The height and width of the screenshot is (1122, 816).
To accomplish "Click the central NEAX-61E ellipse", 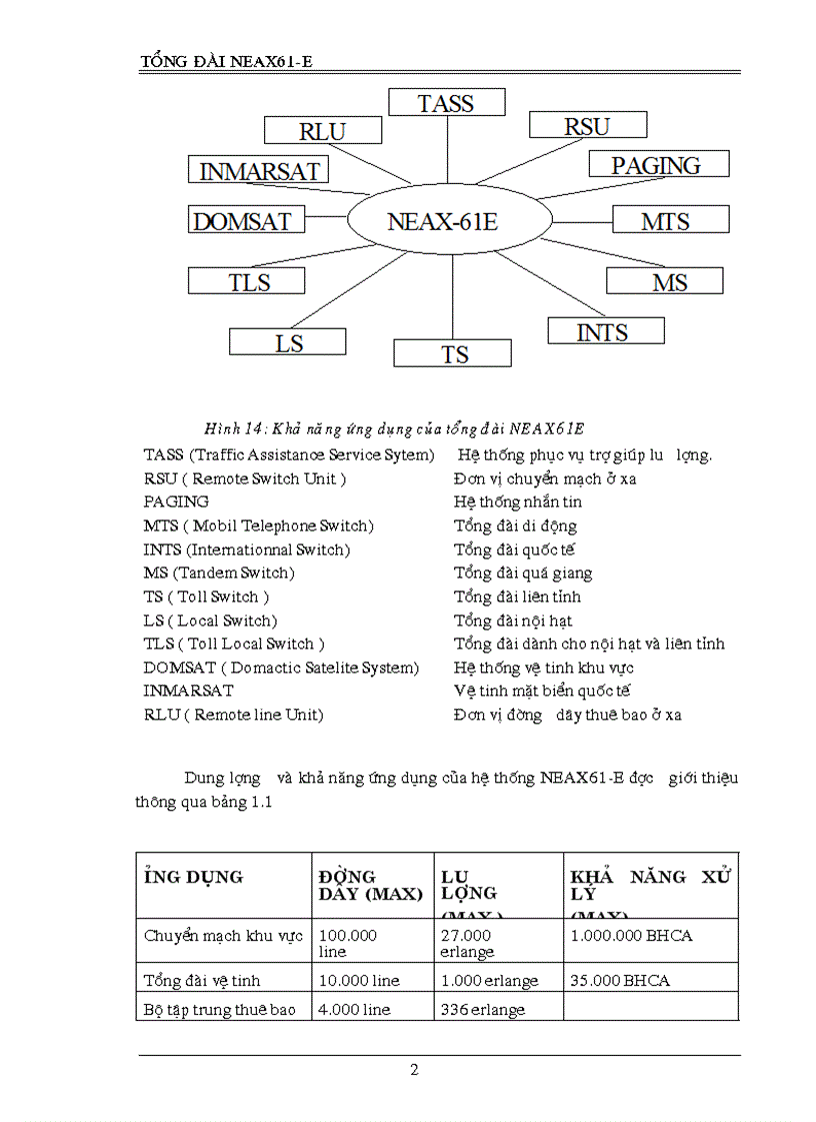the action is point(443,221).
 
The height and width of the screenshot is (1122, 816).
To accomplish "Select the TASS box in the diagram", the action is point(446,103).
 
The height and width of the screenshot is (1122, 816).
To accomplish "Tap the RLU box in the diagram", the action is point(322,131).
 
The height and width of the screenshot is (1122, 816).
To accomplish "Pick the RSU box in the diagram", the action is point(587,126).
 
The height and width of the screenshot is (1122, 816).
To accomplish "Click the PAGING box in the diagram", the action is point(657,165).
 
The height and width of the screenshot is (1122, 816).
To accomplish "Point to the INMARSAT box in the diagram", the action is point(260,171).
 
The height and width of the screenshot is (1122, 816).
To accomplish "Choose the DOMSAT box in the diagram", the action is point(242,221).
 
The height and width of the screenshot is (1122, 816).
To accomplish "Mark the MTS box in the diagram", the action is point(666,221).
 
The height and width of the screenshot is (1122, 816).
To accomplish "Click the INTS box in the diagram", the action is point(603,332).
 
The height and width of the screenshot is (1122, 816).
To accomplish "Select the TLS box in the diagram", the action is point(249,282).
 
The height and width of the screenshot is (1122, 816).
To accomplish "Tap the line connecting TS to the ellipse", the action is point(452,300).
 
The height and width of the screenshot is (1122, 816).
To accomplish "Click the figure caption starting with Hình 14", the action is point(394,430).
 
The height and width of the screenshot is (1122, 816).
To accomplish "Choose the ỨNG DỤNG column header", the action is point(194,877).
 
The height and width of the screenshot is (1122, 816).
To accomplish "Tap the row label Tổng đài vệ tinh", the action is point(203,981).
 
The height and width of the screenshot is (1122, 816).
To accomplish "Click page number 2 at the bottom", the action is point(414,1071).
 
